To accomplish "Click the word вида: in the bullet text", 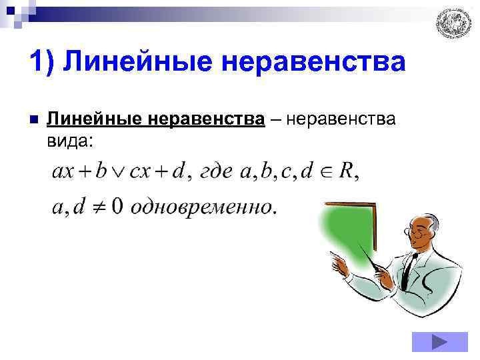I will point(71,141).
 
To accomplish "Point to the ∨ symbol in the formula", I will point(118,173).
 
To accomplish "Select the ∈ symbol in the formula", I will point(326,173).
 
